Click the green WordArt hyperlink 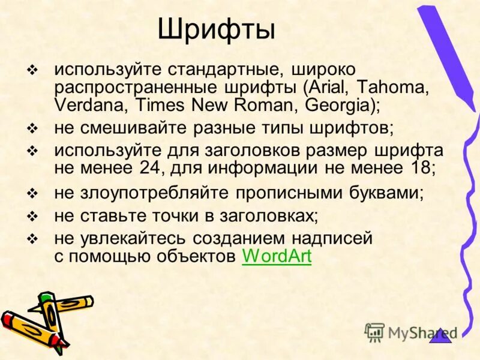point(277,256)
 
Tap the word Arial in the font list point(326,86)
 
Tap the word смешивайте point(129,128)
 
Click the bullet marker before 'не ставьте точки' point(33,215)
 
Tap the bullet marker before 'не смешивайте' point(33,128)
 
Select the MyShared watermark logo point(410,332)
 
